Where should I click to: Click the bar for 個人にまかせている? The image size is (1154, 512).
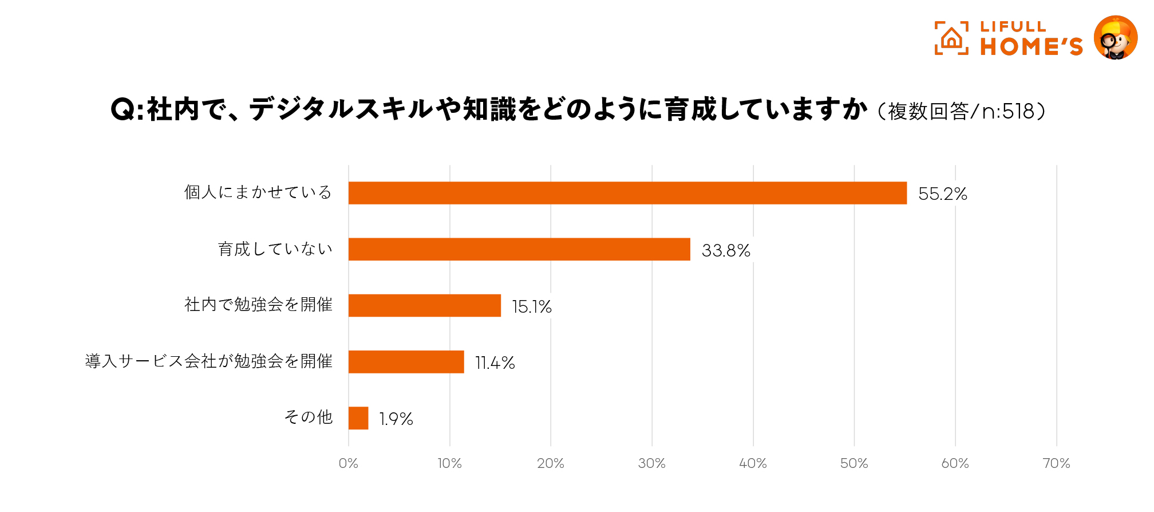click(627, 193)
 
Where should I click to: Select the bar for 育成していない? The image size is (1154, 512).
click(519, 249)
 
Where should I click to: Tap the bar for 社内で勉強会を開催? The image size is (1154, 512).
click(425, 305)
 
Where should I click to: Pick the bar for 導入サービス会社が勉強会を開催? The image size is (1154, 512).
click(406, 362)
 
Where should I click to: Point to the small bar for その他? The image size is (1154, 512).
click(358, 418)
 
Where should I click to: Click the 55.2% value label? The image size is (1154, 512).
click(942, 194)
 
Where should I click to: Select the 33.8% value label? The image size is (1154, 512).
click(726, 251)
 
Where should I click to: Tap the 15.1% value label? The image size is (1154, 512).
click(531, 307)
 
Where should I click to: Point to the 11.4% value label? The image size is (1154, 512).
click(495, 363)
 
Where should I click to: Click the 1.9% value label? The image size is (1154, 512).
click(396, 419)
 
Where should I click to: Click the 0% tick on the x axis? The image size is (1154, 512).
click(348, 464)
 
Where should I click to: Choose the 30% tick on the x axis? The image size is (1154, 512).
click(651, 464)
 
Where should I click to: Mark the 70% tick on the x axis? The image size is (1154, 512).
click(1056, 464)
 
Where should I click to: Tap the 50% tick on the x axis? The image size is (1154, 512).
click(854, 464)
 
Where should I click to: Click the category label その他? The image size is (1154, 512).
click(309, 418)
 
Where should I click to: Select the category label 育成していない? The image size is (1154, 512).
click(275, 249)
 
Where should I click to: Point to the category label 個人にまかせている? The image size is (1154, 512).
click(258, 192)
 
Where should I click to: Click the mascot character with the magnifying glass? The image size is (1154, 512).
click(1115, 38)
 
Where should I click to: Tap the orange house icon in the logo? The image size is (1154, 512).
click(951, 38)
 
